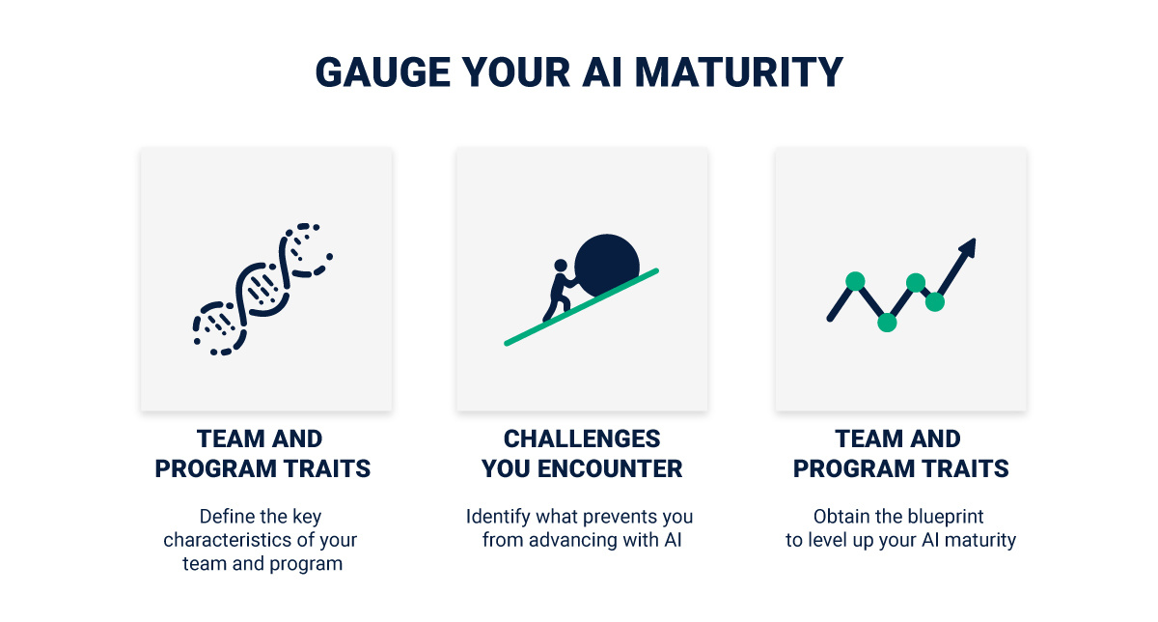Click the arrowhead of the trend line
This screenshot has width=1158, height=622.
pos(966,247)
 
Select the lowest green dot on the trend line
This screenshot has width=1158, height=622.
pos(887,323)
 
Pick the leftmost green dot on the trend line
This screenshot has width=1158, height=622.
pos(854,281)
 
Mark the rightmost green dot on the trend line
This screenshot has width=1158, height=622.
pos(934,301)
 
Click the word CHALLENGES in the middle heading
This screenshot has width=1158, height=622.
pos(582,439)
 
